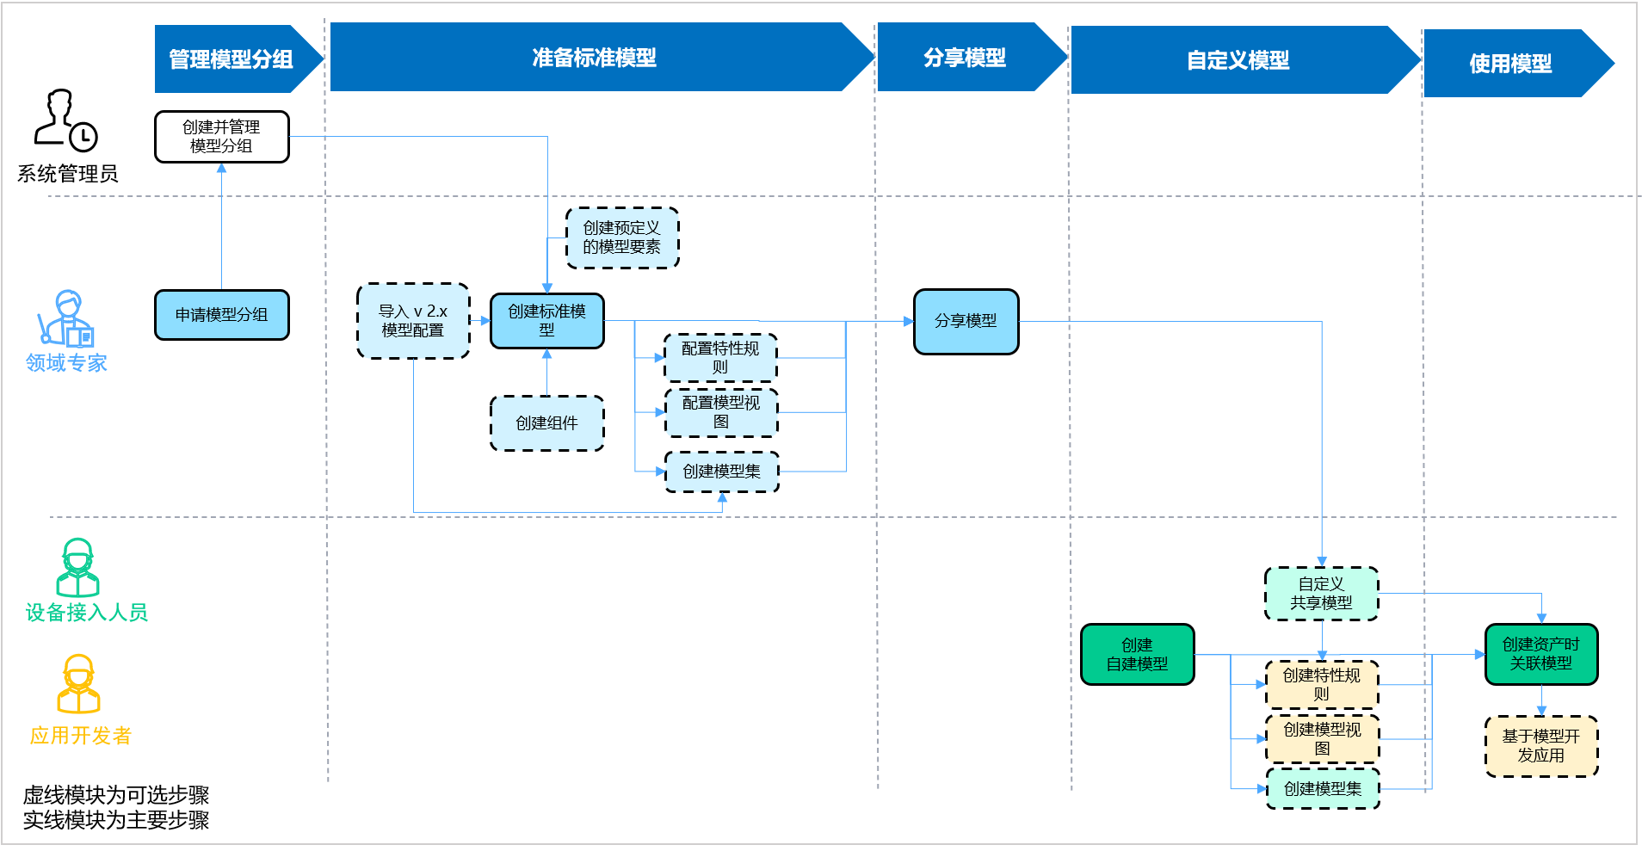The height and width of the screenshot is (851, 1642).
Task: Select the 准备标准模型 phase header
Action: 594,58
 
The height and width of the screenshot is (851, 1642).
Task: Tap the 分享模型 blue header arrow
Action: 965,58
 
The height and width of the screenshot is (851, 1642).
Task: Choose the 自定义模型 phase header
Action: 1238,60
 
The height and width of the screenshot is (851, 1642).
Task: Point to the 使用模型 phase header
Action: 1510,64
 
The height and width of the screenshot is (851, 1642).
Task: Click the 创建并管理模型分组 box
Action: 221,137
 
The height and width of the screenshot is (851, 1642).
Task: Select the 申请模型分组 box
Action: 221,315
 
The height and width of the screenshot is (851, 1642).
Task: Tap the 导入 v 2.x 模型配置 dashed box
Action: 413,321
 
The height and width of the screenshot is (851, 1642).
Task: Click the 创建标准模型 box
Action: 546,320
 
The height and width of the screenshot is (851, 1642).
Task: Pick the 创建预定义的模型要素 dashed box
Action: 621,237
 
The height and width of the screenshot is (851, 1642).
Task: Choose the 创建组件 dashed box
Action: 546,423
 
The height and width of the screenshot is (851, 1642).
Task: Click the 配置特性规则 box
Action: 720,358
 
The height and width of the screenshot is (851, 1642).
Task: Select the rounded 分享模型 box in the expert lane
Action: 966,321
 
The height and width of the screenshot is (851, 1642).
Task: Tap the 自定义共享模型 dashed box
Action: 1321,594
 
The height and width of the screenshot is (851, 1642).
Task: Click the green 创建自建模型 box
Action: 1137,655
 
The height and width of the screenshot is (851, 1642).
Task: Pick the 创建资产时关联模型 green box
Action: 1540,654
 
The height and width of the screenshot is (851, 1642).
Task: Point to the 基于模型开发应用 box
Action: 1540,746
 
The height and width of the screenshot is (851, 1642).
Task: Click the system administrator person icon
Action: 65,120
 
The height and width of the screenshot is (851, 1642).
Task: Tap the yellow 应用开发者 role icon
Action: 78,685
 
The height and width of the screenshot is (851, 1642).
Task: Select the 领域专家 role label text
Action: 66,363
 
